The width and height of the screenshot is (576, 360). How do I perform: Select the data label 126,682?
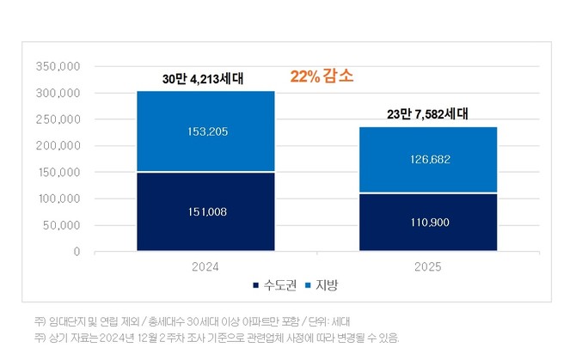tap(427, 159)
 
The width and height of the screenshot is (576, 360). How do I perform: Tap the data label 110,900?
tap(427, 222)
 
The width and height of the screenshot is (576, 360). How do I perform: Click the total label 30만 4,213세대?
tap(203, 79)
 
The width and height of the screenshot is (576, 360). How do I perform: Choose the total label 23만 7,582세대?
tap(426, 113)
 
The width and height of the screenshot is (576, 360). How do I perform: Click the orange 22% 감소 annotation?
tap(322, 76)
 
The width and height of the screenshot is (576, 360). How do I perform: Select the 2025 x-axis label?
tap(427, 267)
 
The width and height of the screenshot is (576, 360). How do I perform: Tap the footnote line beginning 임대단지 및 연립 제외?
tap(193, 320)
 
